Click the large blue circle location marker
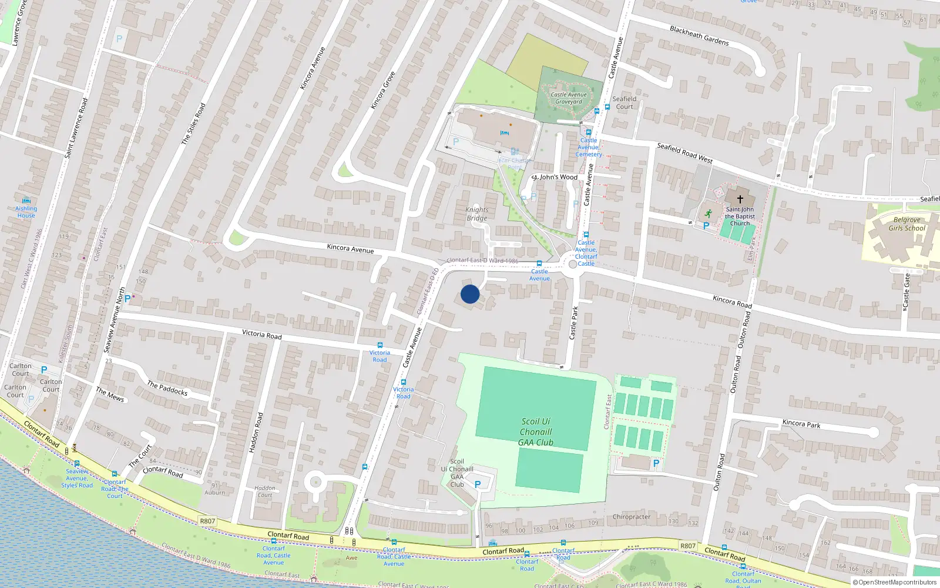point(470,294)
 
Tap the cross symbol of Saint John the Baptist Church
point(740,199)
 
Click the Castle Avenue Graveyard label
point(569,98)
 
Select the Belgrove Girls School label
point(907,224)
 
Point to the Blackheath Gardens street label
point(699,35)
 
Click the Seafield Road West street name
point(684,152)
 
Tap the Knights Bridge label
point(477,214)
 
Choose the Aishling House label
point(26,212)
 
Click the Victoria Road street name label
point(262,335)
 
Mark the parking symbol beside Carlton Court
point(43,370)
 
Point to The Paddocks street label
point(167,388)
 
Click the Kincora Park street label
point(801,423)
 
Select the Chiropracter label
point(632,517)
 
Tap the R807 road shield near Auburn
point(207,521)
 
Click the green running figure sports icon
point(709,213)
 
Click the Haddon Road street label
point(254,432)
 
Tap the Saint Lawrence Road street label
point(76,128)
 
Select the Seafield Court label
point(624,103)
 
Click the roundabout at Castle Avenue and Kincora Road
point(573,265)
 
